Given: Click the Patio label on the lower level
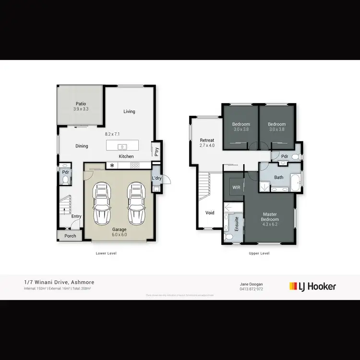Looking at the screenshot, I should point(81,103).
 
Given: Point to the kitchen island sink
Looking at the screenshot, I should point(122,146).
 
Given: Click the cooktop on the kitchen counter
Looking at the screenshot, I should point(135,166).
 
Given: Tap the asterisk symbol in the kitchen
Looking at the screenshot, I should point(112,166).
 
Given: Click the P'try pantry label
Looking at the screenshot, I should point(156,152).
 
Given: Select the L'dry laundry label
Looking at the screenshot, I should point(156,179).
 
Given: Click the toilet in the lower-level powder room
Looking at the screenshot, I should point(66,180).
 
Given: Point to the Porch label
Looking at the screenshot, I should point(71,236).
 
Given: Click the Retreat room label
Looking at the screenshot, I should point(207,140).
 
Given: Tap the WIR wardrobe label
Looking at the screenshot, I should point(236,187).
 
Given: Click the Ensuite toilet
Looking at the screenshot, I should point(229,237).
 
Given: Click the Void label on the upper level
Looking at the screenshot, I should point(210,213).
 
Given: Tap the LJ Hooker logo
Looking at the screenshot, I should point(312,287).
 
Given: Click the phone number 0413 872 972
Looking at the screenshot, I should point(251,289).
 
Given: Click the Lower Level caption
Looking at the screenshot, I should point(107,253).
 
